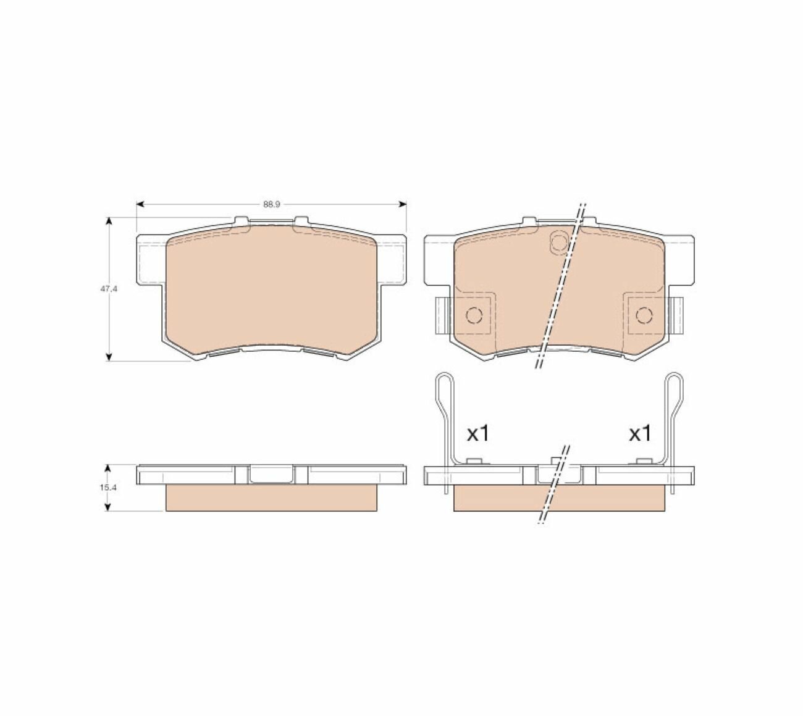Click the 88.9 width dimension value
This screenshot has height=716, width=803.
pos(272,204)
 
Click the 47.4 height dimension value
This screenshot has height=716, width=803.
pos(109,289)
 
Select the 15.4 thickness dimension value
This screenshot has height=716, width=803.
pos(108,488)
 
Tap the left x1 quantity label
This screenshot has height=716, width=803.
pos(478,434)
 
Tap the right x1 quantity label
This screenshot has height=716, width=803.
pos(641,434)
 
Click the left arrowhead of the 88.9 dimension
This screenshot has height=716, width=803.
pos(140,204)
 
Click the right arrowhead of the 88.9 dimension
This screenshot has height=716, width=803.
pos(403,204)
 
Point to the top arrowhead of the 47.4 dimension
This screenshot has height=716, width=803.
pos(108,221)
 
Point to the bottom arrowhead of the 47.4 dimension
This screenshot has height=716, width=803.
pos(108,357)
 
